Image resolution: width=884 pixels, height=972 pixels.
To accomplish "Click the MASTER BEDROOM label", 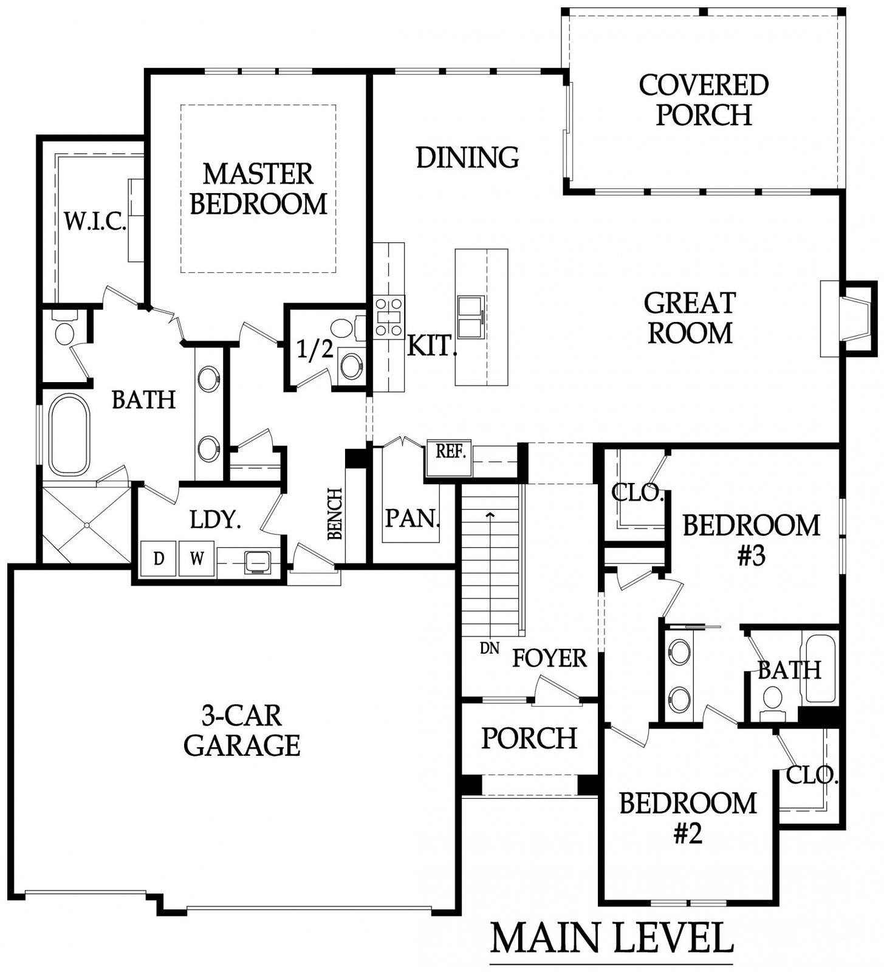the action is (259, 188).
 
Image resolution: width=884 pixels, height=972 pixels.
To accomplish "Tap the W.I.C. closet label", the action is (95, 222).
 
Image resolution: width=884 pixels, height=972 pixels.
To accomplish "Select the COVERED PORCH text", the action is (704, 100).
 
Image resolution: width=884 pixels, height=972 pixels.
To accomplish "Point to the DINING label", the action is (467, 157).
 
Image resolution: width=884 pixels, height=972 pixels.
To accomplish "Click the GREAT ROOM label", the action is (690, 318).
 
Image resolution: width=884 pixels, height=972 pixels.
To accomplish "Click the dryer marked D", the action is (159, 558).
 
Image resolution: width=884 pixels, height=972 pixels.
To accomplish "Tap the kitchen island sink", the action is (471, 317).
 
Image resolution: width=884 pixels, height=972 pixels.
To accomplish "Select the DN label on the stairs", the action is (489, 648).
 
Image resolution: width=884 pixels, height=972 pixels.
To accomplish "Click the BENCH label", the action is (335, 514).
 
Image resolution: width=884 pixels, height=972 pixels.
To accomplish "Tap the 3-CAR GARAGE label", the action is (242, 731).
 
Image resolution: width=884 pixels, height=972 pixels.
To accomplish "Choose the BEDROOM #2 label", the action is (688, 818).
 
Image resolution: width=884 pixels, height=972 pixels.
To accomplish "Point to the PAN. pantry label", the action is (413, 518).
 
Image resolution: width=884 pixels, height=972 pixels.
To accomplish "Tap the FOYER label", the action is (549, 658).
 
